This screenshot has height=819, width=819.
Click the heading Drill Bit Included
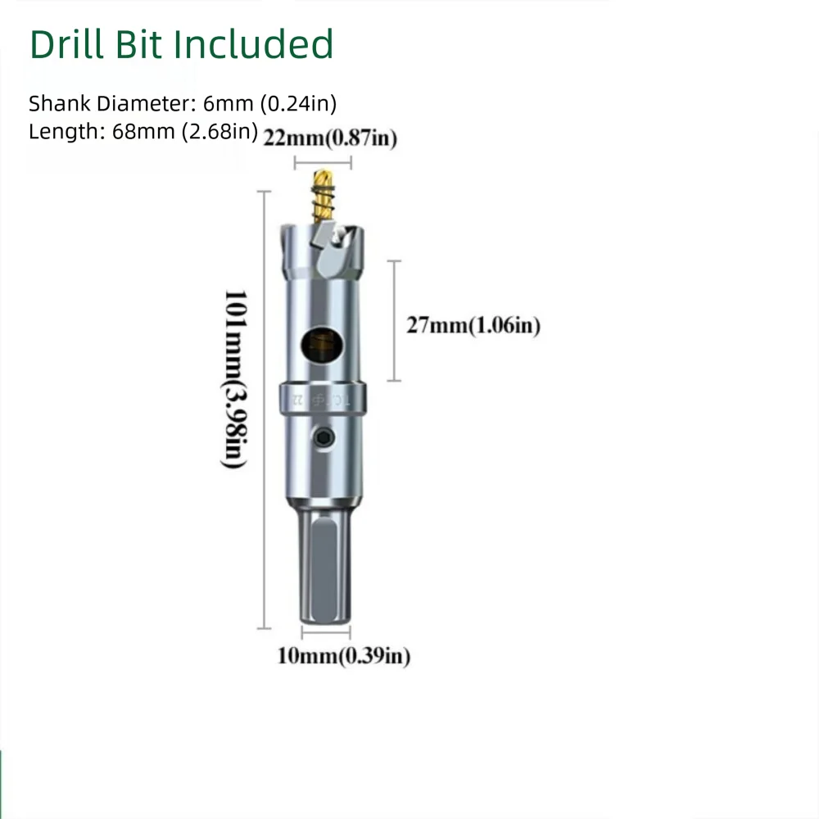tap(181, 44)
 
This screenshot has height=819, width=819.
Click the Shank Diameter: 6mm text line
tap(183, 103)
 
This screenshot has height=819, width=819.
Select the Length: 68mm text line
tap(143, 131)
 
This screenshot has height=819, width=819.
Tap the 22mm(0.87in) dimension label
tap(330, 139)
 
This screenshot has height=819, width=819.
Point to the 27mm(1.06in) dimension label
tap(473, 326)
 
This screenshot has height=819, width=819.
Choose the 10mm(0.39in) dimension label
tap(343, 656)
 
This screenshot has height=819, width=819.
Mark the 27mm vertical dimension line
tap(395, 320)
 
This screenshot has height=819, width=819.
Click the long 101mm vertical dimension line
tap(264, 409)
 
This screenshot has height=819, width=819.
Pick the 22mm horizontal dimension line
tap(323, 161)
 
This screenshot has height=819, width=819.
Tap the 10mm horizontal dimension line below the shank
tap(326, 631)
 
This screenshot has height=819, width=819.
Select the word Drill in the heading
tap(66, 44)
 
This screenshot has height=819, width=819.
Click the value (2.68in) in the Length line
tap(222, 131)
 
